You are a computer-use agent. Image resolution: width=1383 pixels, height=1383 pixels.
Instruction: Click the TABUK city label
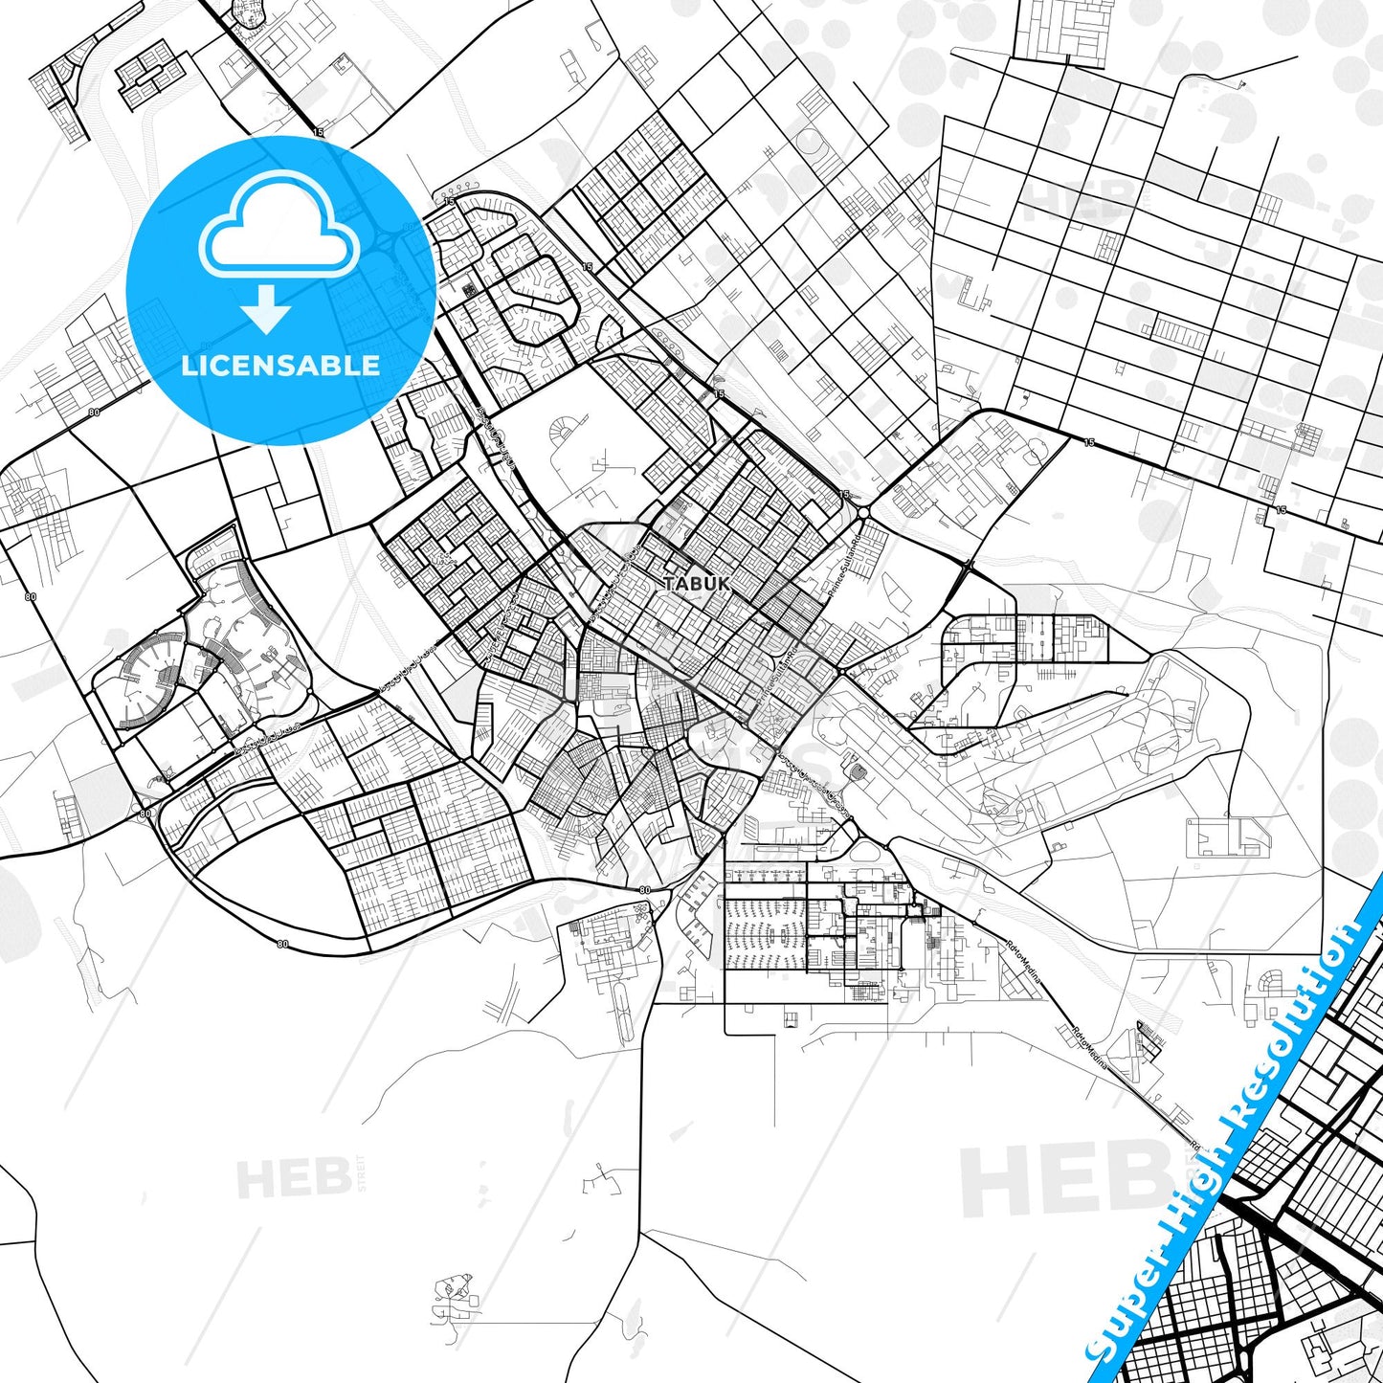click(697, 583)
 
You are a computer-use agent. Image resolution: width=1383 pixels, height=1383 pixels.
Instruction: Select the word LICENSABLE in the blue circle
click(280, 365)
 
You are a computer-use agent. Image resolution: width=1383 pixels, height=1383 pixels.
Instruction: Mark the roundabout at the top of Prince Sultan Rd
click(862, 513)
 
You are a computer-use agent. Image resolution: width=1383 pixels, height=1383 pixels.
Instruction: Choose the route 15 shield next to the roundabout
click(843, 494)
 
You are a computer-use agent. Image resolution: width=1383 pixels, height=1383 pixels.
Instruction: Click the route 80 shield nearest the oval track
click(644, 890)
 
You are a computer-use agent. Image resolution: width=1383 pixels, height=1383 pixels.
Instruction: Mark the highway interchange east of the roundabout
click(969, 567)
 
